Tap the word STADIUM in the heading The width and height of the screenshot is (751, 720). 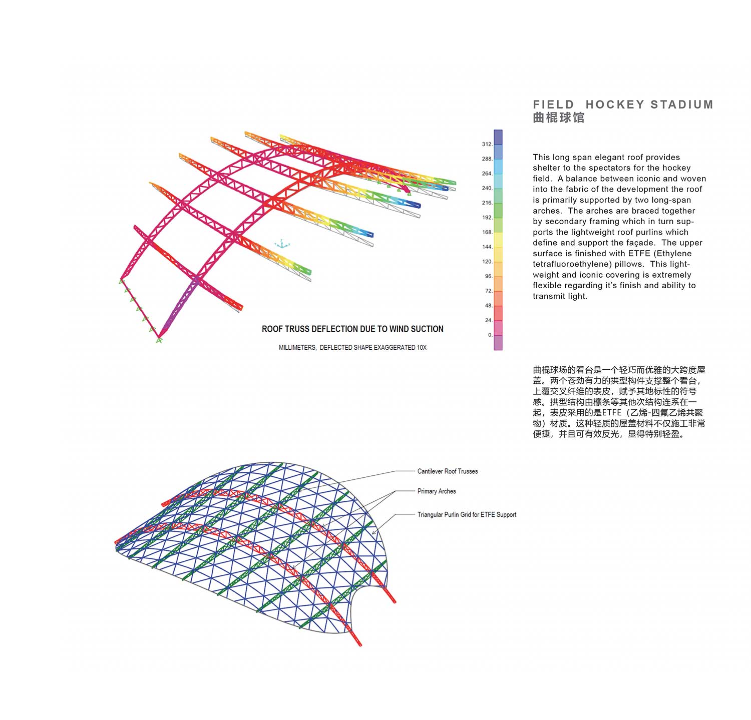coord(682,105)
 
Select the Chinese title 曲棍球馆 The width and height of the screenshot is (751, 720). coord(559,118)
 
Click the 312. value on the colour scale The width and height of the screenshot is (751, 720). coord(487,144)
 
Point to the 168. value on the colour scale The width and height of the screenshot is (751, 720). coord(487,232)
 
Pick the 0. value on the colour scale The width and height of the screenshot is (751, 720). coord(490,335)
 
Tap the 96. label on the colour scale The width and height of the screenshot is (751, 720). coord(489,276)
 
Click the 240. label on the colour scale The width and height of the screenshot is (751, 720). coord(487,188)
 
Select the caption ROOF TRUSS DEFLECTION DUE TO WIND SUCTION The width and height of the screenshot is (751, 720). coord(352,329)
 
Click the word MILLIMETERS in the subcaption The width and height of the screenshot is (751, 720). coord(297,348)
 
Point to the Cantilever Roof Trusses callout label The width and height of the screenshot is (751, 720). coord(448,471)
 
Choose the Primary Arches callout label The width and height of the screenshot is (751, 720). coord(437,491)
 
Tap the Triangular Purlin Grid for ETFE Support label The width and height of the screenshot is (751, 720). coord(467,514)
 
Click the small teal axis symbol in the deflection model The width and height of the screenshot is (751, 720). coord(282,244)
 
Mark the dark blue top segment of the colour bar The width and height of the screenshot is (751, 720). coord(498,137)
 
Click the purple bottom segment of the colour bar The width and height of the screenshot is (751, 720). coord(498,343)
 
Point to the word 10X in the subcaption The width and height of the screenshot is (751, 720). coord(422,348)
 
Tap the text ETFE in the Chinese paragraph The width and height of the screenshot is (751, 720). coord(612,413)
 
